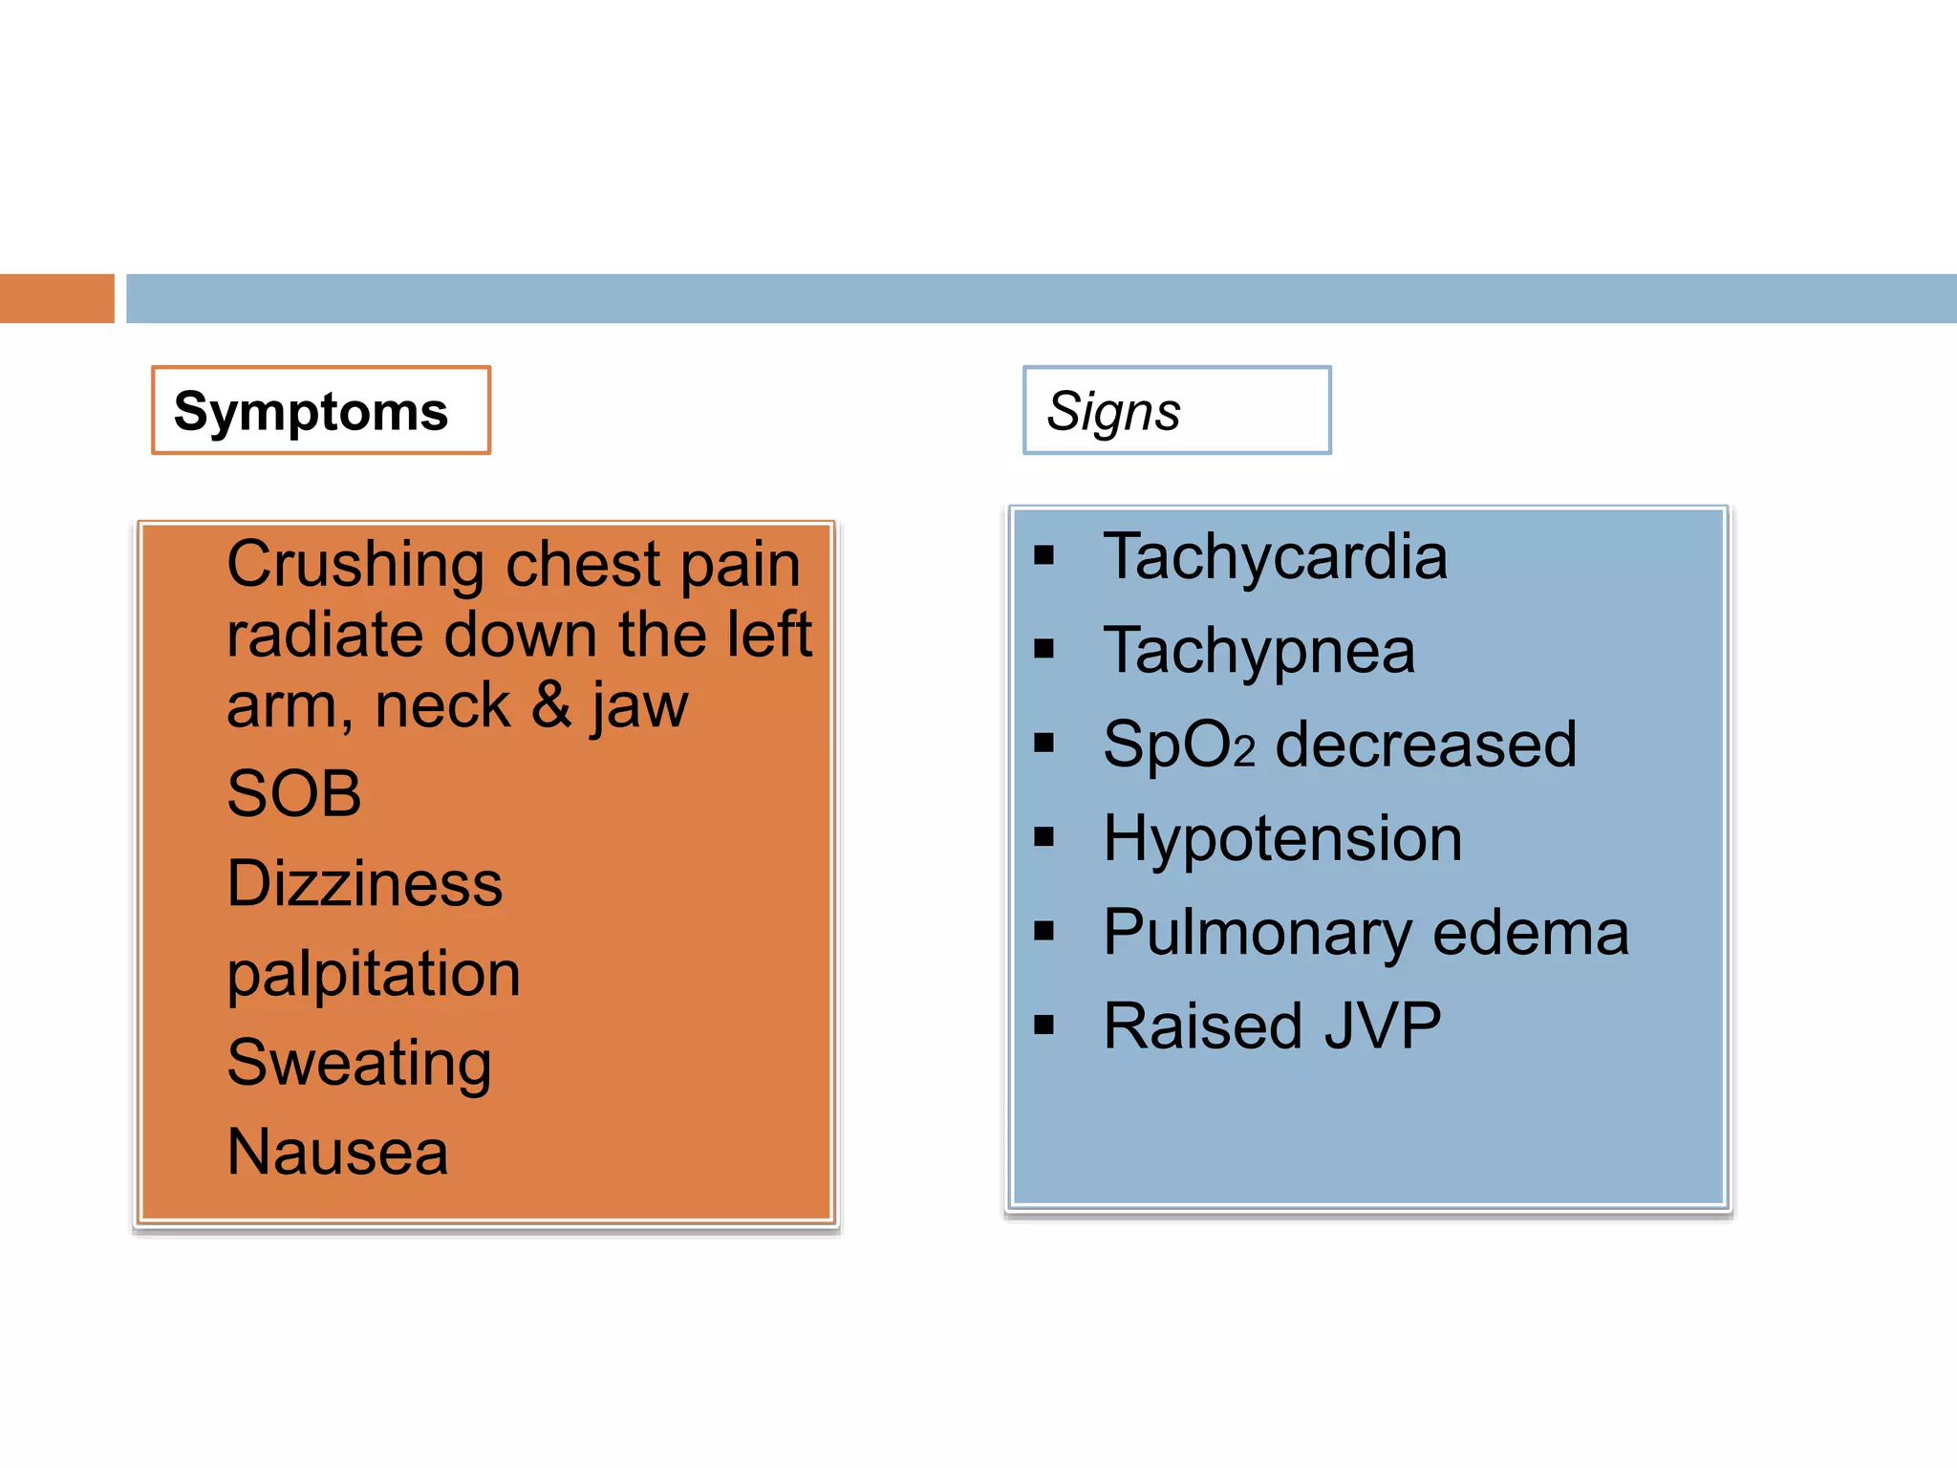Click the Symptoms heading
(311, 412)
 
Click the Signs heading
(1113, 412)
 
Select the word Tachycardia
(1275, 556)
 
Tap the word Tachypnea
(1258, 651)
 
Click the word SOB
(294, 793)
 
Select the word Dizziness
(364, 883)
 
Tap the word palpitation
(374, 975)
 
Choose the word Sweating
(359, 1063)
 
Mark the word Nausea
(337, 1152)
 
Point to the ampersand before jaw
(550, 705)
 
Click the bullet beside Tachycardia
(1043, 555)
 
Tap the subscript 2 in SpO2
(1243, 753)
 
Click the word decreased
(1426, 745)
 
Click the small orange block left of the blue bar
(56, 298)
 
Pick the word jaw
(639, 707)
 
